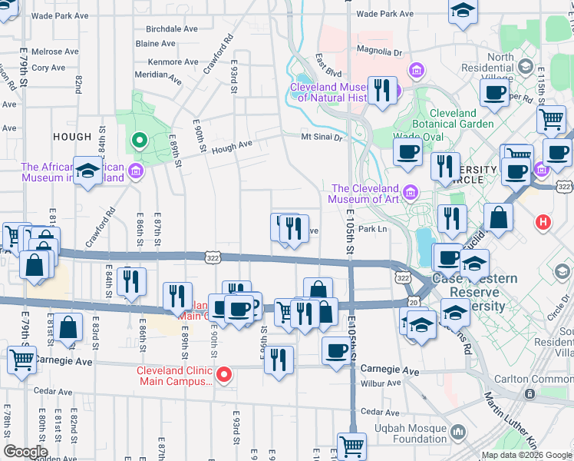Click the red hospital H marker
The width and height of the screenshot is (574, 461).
(543, 223)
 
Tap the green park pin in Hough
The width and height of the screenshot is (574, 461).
(139, 141)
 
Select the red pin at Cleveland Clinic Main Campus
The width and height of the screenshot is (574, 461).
(223, 375)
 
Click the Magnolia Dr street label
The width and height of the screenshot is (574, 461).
(380, 52)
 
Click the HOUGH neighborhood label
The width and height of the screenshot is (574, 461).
(72, 136)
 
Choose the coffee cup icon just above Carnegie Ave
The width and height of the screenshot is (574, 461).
(336, 350)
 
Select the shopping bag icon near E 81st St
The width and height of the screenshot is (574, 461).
(68, 327)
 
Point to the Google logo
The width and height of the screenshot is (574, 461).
(25, 452)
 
